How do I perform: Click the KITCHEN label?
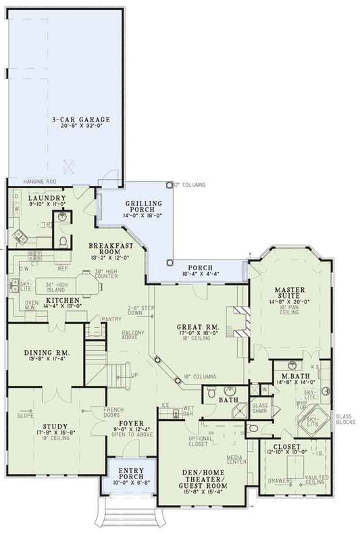click(63, 299)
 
